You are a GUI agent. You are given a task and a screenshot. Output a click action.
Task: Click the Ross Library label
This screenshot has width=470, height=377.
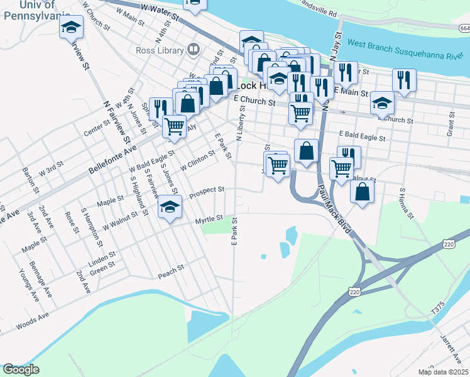(159, 51)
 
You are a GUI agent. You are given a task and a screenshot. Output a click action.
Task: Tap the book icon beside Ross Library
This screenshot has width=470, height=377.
(194, 50)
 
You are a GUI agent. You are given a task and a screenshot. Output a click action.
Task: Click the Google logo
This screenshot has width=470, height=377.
(21, 369)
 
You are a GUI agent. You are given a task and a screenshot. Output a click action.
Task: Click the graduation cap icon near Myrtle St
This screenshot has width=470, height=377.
(170, 209)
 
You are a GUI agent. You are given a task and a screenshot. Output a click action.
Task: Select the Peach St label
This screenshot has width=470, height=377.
(170, 270)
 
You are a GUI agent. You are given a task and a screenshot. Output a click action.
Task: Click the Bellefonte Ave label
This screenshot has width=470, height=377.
(112, 158)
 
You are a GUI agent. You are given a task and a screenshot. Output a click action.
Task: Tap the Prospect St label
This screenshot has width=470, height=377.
(207, 189)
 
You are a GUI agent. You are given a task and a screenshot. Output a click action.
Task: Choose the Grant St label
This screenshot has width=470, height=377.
(451, 124)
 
